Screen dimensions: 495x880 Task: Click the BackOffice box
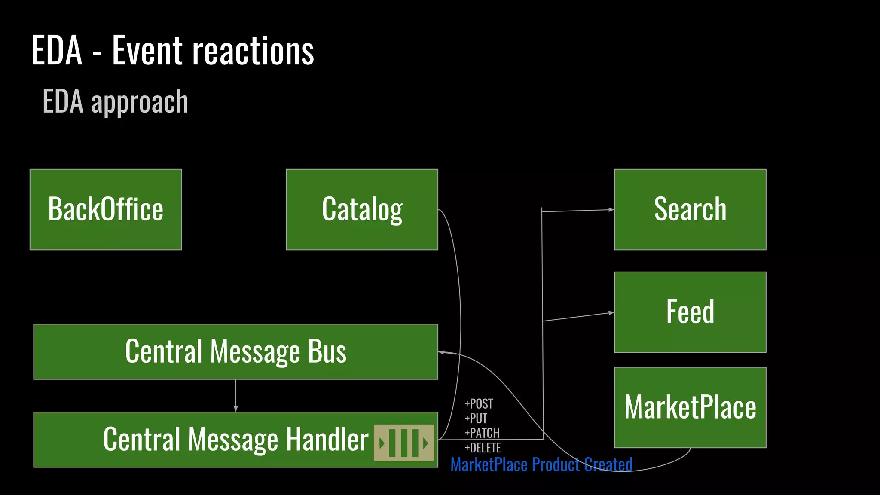pos(106,209)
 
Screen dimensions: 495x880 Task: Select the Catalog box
pos(362,209)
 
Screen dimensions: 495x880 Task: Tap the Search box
pos(690,209)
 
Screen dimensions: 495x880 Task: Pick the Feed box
pos(690,312)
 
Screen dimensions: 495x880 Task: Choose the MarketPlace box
pos(690,407)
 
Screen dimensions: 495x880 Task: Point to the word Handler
pos(327,440)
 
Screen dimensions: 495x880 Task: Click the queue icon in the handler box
pos(404,443)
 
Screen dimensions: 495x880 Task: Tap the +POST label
pos(479,404)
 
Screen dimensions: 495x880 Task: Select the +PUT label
pos(476,419)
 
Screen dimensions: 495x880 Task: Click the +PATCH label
pos(482,433)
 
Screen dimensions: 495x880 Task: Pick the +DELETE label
pos(483,448)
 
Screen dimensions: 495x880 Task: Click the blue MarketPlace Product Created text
pos(541,465)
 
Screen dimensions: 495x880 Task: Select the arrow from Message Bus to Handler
pos(235,395)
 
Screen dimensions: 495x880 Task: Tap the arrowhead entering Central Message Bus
pos(441,352)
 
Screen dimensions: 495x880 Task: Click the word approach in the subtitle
pos(140,102)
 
